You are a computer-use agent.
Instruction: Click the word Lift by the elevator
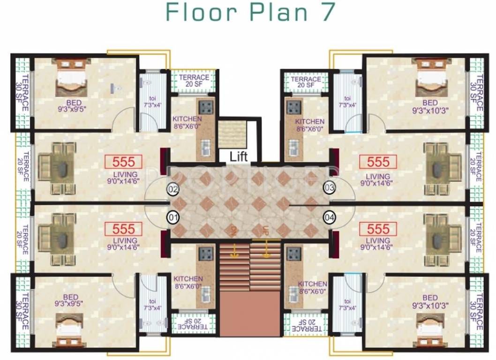click(x=238, y=156)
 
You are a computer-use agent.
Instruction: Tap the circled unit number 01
click(x=173, y=217)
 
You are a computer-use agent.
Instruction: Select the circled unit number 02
click(x=173, y=189)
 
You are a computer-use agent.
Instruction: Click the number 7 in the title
click(x=327, y=12)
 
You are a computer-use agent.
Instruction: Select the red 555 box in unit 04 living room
click(x=378, y=229)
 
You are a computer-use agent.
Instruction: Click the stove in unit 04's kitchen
click(x=293, y=254)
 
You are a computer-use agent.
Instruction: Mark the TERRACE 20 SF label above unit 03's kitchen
click(x=306, y=82)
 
